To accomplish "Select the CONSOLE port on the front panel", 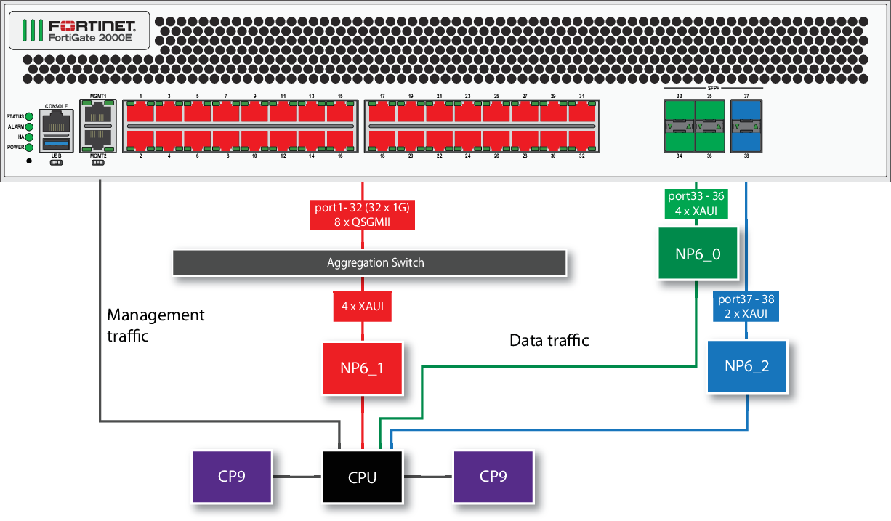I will point(57,121).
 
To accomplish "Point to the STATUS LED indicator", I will point(30,116).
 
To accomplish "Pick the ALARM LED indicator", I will point(30,126).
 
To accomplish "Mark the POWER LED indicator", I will point(30,146).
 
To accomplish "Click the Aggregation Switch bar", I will point(369,263).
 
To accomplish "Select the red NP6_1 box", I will point(362,368).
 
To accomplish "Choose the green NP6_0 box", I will point(697,254).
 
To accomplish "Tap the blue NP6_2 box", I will point(747,366).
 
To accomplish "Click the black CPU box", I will point(362,477).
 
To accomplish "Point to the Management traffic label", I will point(156,325).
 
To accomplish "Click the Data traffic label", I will point(549,340).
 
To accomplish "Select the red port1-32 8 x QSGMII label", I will point(362,215).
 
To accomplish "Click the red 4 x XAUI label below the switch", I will point(362,307).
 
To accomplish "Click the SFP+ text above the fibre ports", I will point(713,87).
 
